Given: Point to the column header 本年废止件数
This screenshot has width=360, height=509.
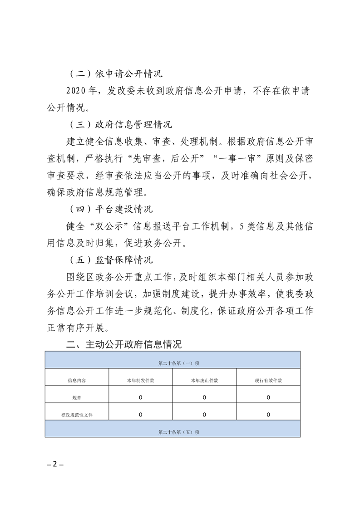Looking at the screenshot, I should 204,381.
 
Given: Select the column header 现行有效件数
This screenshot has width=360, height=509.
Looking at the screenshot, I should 268,381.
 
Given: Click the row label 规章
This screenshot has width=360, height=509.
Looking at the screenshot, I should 77,398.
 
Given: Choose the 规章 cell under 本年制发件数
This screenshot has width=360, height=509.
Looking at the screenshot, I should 141,397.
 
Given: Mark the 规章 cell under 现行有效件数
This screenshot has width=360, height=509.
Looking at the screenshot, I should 268,397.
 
